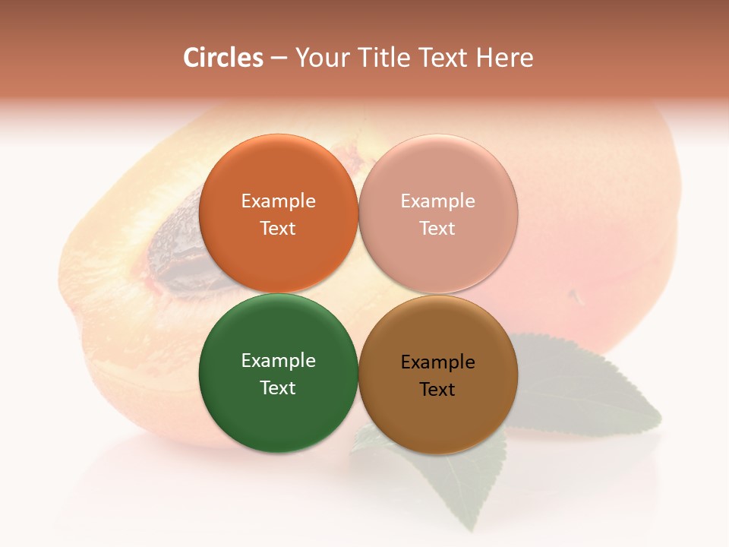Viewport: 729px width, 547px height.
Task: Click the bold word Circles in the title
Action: tap(223, 58)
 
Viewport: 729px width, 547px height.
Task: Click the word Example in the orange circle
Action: tap(278, 201)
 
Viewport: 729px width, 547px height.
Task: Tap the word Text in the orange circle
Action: tap(278, 229)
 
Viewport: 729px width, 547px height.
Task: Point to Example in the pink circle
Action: tap(438, 201)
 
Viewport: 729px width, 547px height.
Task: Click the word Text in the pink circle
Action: tap(438, 229)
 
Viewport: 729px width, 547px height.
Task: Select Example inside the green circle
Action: tap(278, 361)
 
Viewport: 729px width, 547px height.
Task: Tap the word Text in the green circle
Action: tap(278, 388)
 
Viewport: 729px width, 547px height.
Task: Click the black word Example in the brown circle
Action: tap(438, 362)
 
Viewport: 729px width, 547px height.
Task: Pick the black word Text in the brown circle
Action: tap(438, 390)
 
